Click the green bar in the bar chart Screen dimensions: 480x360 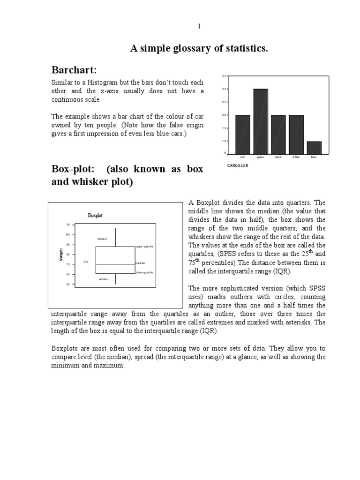[261, 121]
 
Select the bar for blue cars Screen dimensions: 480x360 [314, 147]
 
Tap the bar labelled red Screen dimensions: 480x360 [242, 134]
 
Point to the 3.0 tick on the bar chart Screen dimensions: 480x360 [224, 89]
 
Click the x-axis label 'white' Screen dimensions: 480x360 [296, 157]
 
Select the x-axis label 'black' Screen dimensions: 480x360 [278, 157]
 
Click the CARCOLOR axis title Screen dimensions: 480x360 [238, 166]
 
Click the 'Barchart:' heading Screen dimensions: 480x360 [74, 70]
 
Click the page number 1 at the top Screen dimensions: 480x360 [199, 27]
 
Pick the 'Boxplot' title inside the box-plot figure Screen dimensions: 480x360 [95, 216]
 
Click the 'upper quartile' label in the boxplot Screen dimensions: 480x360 [145, 246]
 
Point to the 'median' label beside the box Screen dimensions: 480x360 [140, 263]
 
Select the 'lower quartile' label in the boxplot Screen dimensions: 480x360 [144, 272]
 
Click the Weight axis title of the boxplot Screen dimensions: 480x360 [61, 255]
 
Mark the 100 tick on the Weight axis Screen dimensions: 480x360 [67, 234]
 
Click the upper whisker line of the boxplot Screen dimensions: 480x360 [115, 237]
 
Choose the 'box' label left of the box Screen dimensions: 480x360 [86, 261]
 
